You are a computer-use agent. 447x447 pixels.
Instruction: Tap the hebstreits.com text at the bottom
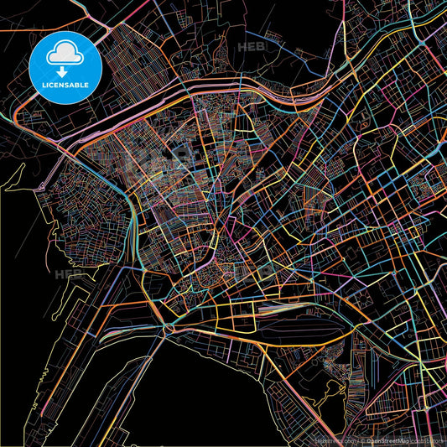pyautogui.click(x=335, y=440)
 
